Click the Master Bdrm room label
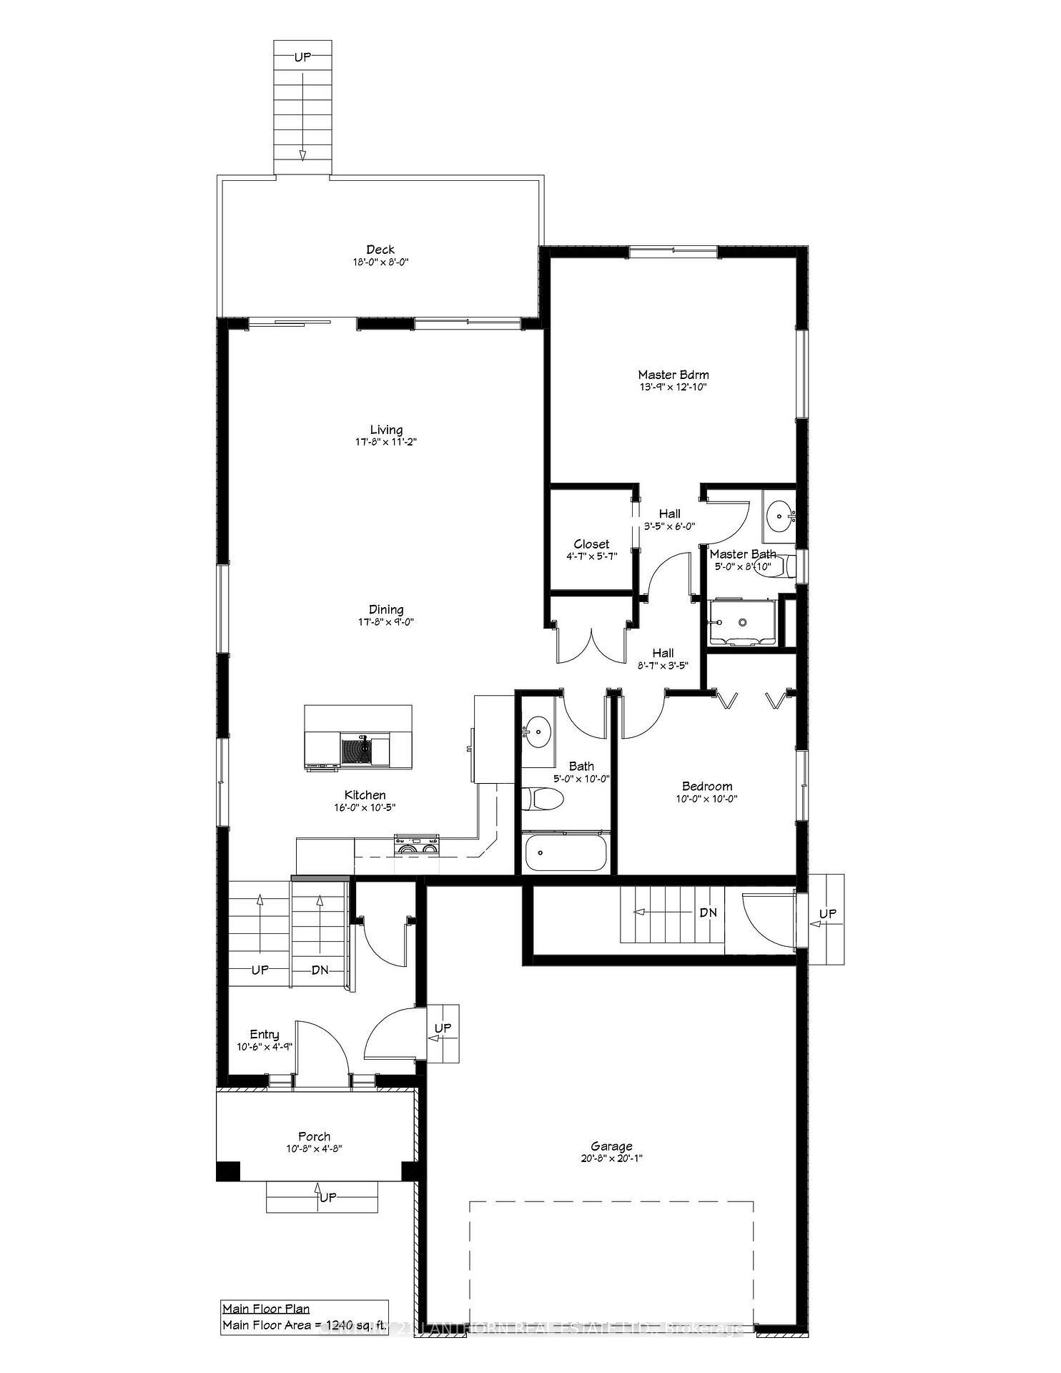coord(673,375)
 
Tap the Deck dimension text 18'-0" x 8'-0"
coord(380,262)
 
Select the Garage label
coord(611,1146)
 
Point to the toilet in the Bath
coord(542,799)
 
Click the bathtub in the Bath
coord(566,852)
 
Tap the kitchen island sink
coord(357,752)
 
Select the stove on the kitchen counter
coord(417,845)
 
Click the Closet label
coord(591,544)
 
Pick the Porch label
coord(315,1136)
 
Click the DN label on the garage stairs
coord(708,913)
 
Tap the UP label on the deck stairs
coord(302,56)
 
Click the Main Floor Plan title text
coord(266,1309)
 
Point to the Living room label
coord(386,430)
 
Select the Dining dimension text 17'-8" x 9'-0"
coord(386,622)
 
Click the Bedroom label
coord(707,786)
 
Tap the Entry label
coord(265,1034)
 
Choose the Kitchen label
coord(365,794)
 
